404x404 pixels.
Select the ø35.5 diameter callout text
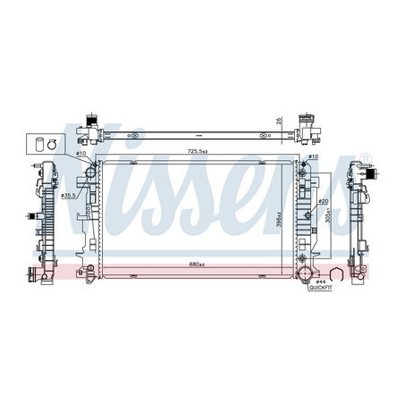point(69,194)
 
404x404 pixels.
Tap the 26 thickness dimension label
point(279,122)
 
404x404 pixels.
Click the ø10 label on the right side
point(314,158)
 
